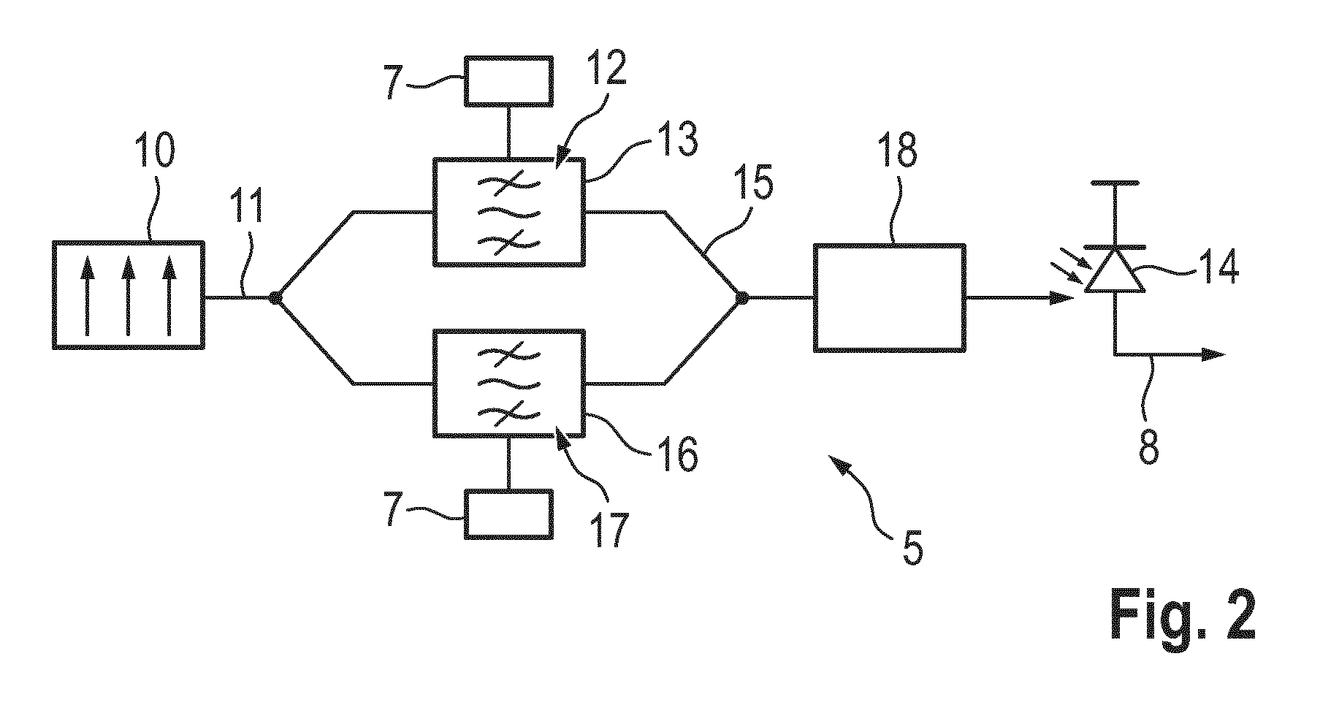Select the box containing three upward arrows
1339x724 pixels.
coord(129,294)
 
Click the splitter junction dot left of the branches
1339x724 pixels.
coord(275,297)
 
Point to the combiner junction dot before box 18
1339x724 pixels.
coord(741,297)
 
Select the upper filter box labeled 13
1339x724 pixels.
coord(509,212)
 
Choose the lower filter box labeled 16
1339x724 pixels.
coord(509,383)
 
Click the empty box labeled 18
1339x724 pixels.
coord(889,297)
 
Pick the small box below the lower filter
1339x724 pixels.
coord(509,514)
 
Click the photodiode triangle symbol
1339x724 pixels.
coord(1115,270)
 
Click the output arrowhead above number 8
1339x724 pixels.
coord(1213,354)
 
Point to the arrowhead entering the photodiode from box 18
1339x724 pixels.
coord(1063,297)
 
